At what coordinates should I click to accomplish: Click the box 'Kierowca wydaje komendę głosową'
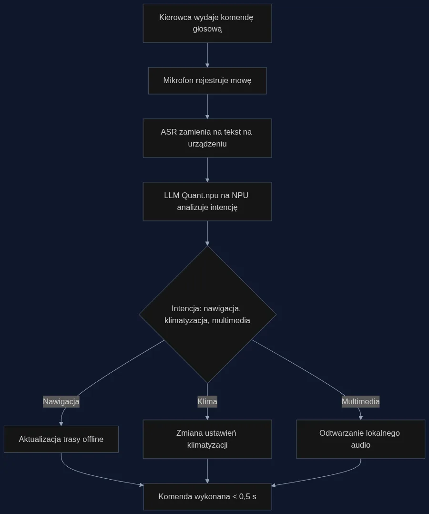(207, 23)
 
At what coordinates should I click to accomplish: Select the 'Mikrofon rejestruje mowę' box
(207, 81)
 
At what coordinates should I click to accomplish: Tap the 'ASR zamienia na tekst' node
(207, 138)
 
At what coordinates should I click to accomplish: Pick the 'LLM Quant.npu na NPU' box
(207, 201)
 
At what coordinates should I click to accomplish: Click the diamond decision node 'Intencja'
(208, 315)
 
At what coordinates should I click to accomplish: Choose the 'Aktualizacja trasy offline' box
(61, 439)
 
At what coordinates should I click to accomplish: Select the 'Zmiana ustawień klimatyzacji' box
(207, 439)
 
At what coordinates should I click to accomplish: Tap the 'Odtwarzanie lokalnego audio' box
(360, 439)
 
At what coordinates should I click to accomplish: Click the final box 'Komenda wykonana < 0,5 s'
(207, 497)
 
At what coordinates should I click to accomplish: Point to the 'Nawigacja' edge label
(61, 401)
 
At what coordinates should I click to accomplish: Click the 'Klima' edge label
(207, 401)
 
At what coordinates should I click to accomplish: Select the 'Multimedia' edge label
(360, 401)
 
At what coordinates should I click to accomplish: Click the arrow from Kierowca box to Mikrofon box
(207, 55)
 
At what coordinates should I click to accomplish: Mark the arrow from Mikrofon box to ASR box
(207, 106)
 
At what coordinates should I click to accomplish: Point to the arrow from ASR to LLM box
(207, 170)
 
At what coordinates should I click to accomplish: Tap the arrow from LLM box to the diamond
(207, 233)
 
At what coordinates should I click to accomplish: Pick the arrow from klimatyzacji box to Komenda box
(207, 471)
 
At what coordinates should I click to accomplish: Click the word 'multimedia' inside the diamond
(231, 320)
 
